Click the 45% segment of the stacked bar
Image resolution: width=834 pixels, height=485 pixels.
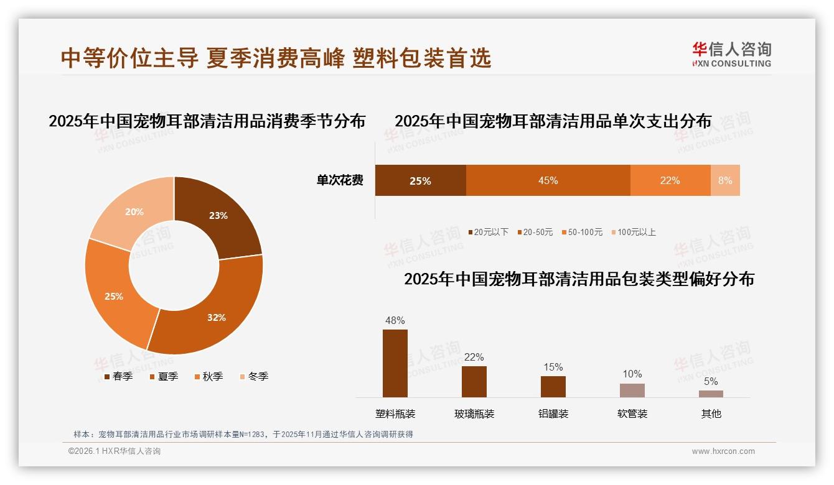point(548,181)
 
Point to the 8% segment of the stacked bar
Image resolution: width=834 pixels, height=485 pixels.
point(725,181)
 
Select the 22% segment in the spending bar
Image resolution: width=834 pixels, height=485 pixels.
point(670,181)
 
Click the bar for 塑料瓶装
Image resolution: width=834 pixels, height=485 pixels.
point(395,363)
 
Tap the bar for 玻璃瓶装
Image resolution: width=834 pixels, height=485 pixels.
point(474,381)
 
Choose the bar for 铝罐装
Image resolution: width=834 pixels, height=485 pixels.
point(553,386)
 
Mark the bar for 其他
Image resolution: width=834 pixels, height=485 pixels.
point(711,394)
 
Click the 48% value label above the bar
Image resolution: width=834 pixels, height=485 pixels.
point(395,321)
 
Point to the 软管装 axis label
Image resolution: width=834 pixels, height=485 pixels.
point(632,413)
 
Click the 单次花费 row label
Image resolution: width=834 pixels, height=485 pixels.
point(340,181)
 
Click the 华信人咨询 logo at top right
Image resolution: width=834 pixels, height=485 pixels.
point(731,54)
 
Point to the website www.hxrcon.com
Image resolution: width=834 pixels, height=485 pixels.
point(723,451)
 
